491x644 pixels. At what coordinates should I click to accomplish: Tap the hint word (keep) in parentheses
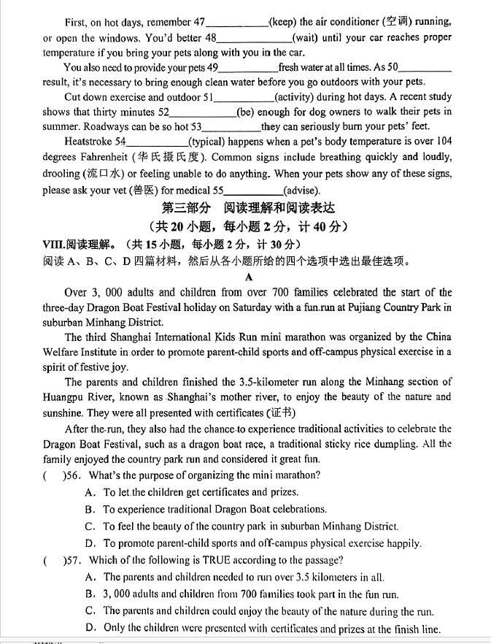click(284, 22)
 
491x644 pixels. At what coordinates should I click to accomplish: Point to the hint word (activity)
click(297, 97)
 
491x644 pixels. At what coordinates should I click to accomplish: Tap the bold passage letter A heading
click(249, 277)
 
